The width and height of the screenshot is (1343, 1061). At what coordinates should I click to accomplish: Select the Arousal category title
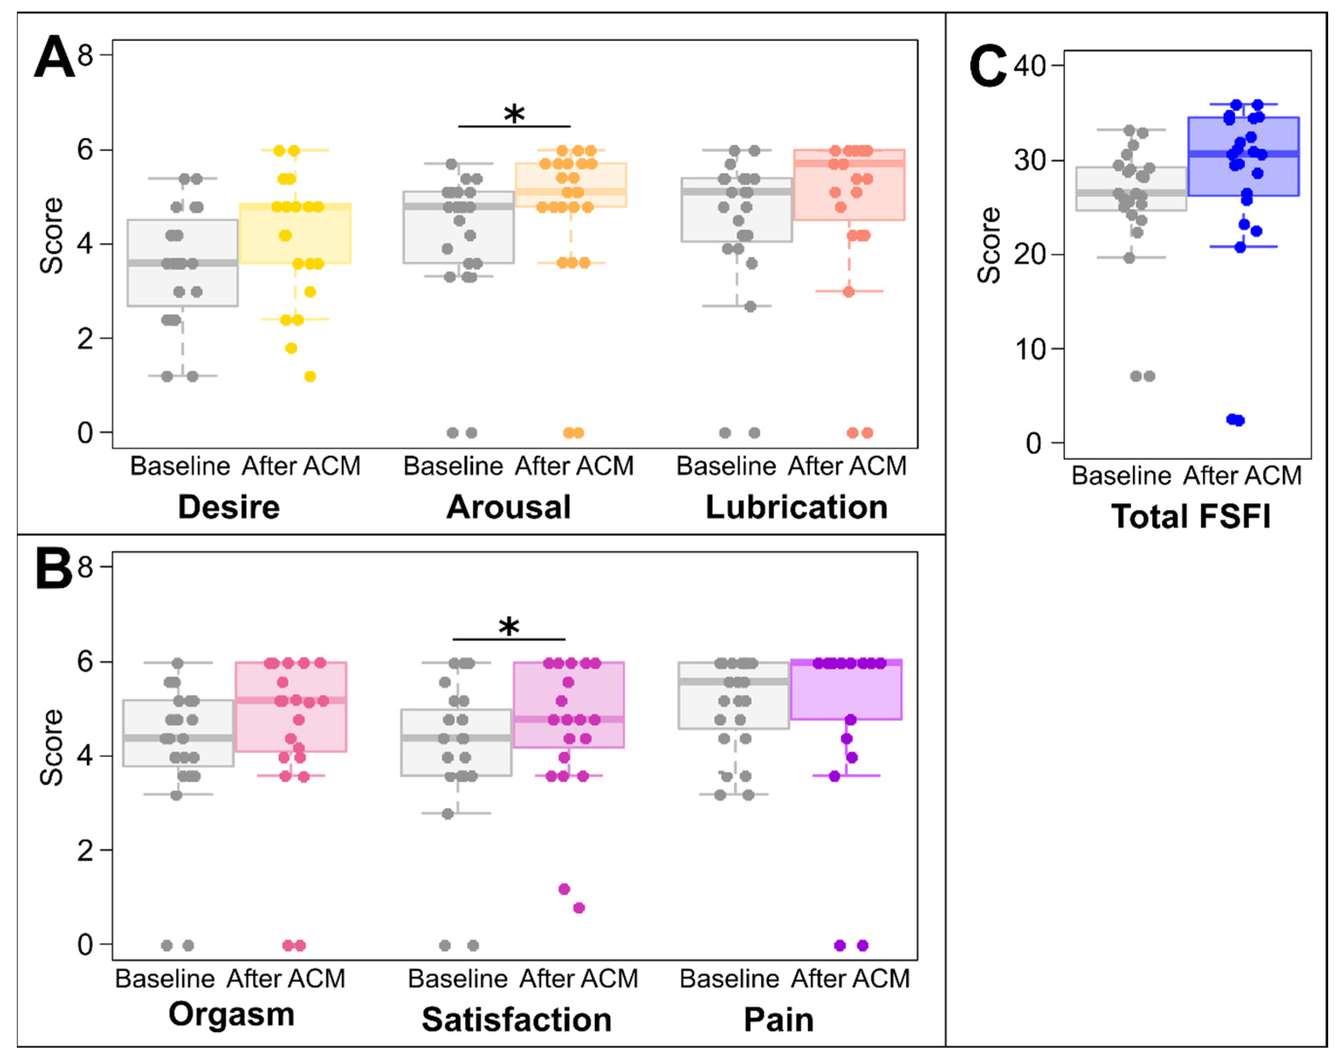click(508, 507)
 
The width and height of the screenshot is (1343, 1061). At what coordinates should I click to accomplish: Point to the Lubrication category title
click(797, 507)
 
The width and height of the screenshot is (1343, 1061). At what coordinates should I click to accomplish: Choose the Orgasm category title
click(231, 1015)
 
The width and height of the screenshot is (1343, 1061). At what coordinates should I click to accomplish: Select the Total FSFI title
click(1191, 516)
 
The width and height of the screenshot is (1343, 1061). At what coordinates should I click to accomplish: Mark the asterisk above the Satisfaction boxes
click(509, 627)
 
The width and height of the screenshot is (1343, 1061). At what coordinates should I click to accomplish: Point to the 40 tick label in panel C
click(1030, 65)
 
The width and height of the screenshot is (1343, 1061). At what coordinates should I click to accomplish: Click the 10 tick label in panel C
click(1030, 350)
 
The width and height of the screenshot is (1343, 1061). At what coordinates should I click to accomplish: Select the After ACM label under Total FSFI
click(1242, 476)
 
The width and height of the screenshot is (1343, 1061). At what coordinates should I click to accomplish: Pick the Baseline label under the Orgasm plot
click(165, 979)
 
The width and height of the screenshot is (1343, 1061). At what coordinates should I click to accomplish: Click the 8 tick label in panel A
click(86, 55)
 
